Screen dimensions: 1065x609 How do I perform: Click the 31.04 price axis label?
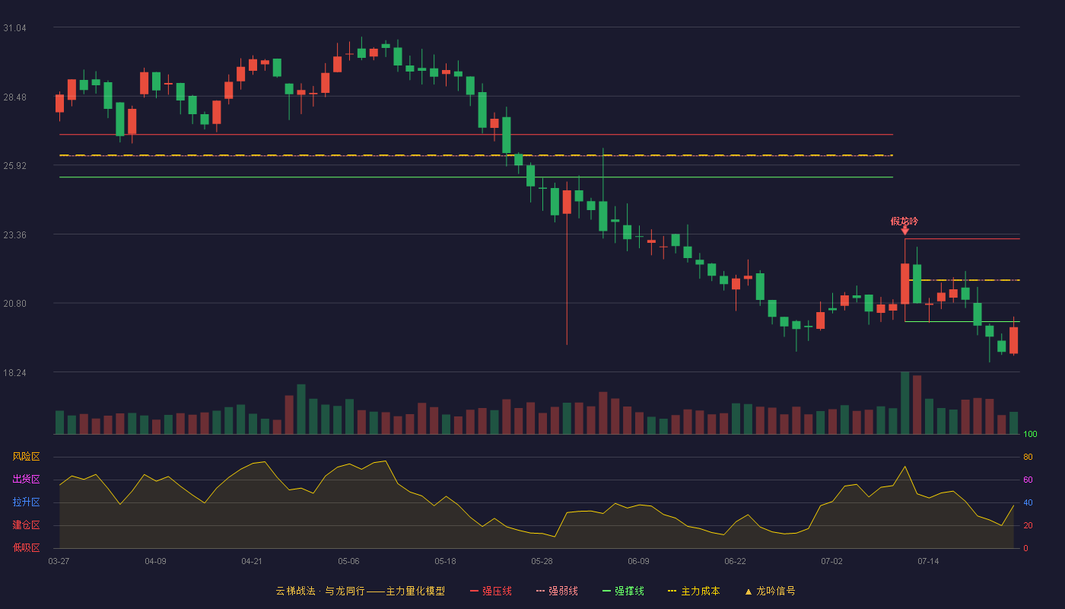click(x=14, y=28)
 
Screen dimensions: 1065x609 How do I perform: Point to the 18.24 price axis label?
click(x=14, y=372)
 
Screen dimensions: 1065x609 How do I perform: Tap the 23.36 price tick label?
click(x=14, y=235)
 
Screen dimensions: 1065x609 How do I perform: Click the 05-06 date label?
click(x=348, y=562)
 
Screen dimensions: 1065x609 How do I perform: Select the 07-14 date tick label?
click(x=928, y=562)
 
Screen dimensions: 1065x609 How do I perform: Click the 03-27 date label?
click(x=59, y=562)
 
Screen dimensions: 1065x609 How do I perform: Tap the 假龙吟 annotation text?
click(x=904, y=222)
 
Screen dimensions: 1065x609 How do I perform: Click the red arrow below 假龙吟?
click(x=904, y=231)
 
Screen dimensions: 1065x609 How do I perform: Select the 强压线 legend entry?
click(x=491, y=591)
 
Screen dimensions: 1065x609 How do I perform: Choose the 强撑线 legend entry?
click(x=623, y=591)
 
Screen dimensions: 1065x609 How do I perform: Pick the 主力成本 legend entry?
click(x=694, y=591)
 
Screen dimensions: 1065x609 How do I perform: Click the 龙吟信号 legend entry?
click(x=770, y=591)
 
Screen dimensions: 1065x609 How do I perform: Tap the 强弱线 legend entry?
click(x=557, y=591)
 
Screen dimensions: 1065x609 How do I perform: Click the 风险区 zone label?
click(x=26, y=456)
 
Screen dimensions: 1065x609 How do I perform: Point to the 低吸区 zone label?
click(x=26, y=547)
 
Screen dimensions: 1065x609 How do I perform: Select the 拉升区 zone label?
click(x=26, y=502)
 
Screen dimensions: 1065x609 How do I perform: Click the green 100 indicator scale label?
click(x=1030, y=434)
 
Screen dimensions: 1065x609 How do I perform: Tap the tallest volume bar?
click(x=904, y=403)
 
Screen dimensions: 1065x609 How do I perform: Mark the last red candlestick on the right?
click(x=1013, y=340)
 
